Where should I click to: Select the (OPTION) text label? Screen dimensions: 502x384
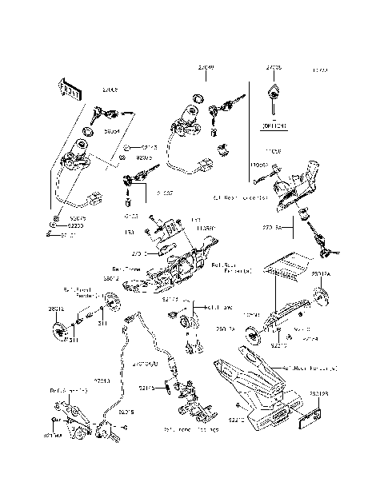click(274, 125)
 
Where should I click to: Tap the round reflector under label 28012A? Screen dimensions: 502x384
click(322, 298)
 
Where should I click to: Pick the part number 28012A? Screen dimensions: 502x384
click(320, 274)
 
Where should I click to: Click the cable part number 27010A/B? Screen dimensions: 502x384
click(146, 363)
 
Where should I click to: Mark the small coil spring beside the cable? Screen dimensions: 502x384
click(167, 388)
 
